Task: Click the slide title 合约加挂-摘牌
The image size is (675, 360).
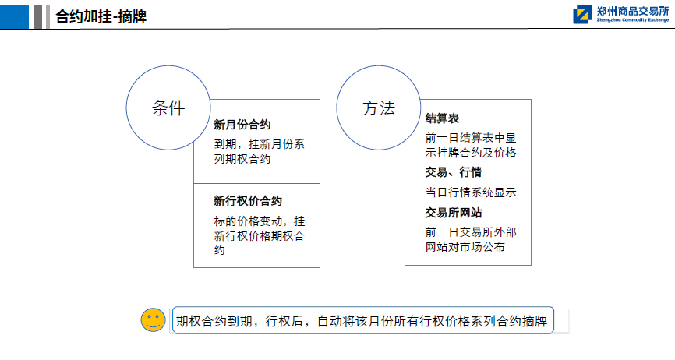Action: (x=101, y=17)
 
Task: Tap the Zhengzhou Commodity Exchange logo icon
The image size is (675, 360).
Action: (x=582, y=15)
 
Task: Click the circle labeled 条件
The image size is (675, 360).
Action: (x=168, y=65)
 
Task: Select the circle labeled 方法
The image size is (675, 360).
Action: (x=378, y=65)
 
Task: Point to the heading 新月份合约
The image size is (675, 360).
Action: (x=242, y=125)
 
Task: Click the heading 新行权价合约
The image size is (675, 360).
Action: (x=248, y=201)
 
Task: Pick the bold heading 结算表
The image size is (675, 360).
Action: (x=442, y=118)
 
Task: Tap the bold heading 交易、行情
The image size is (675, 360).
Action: (x=454, y=172)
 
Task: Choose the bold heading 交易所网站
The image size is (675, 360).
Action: (x=454, y=213)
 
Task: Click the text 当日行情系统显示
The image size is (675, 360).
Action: (x=471, y=192)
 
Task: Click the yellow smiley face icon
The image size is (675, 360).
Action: (x=153, y=320)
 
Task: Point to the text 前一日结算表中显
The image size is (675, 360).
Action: (x=471, y=138)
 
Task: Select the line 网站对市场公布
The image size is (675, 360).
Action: (x=465, y=247)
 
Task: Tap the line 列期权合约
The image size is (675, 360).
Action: (x=242, y=159)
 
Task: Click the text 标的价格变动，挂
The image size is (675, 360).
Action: (x=259, y=221)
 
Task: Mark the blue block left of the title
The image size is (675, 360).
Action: (x=14, y=17)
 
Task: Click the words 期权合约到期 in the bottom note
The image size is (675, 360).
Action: (x=214, y=321)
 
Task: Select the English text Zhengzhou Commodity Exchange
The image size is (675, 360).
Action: (x=633, y=19)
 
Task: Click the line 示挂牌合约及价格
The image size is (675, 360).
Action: (x=471, y=153)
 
